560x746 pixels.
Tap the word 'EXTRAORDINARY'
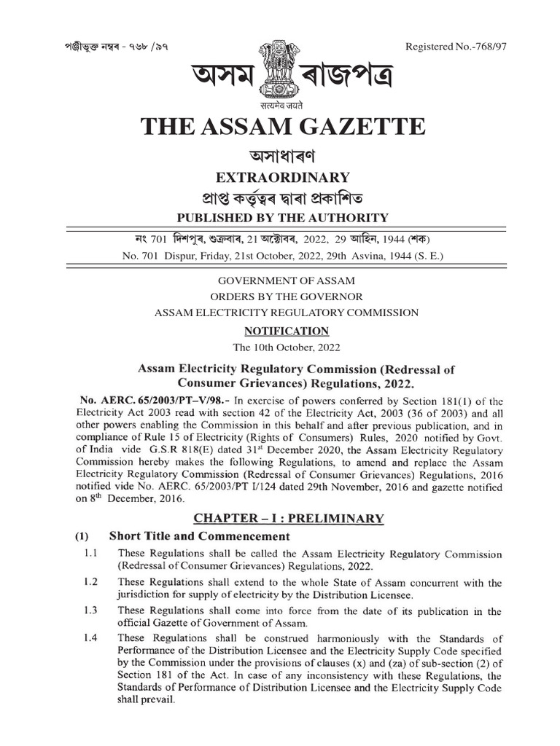(x=281, y=177)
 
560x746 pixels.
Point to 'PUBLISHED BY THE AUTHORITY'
(x=281, y=217)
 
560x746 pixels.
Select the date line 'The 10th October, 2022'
(x=281, y=347)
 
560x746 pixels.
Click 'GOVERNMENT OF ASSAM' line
(x=281, y=280)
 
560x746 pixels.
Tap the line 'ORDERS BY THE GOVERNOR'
(x=281, y=296)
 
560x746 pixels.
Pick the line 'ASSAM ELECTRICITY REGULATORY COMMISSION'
(x=281, y=313)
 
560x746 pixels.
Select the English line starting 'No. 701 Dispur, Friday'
(x=281, y=256)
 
